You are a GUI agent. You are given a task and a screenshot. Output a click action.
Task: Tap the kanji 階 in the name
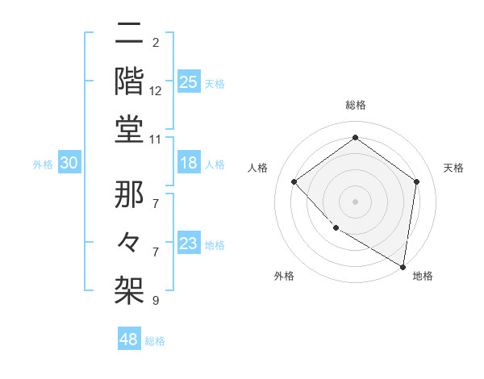(x=129, y=81)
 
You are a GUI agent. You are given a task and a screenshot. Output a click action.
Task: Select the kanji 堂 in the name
(x=129, y=128)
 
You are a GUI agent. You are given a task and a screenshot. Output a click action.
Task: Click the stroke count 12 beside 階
(x=156, y=92)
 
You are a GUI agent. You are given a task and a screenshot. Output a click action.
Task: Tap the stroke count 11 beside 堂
(x=156, y=140)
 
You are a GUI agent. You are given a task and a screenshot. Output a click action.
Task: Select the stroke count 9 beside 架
(x=156, y=301)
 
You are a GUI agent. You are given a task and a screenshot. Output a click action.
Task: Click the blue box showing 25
(x=188, y=81)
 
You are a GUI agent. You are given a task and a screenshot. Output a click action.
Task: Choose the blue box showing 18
(x=188, y=163)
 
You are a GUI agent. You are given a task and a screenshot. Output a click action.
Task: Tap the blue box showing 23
(x=188, y=244)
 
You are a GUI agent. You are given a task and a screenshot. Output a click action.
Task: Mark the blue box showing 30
(x=69, y=163)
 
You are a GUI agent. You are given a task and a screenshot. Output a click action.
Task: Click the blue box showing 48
(x=128, y=339)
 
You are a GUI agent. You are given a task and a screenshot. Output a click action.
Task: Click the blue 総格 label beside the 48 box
(x=155, y=341)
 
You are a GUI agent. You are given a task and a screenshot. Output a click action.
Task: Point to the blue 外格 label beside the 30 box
(x=43, y=165)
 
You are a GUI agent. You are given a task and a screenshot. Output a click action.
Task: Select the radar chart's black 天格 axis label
(x=453, y=168)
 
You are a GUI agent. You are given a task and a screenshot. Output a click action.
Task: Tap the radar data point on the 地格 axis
(x=403, y=266)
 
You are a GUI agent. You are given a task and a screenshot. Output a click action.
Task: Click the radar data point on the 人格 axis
(x=294, y=181)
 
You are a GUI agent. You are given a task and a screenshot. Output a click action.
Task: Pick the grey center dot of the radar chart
(x=355, y=201)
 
